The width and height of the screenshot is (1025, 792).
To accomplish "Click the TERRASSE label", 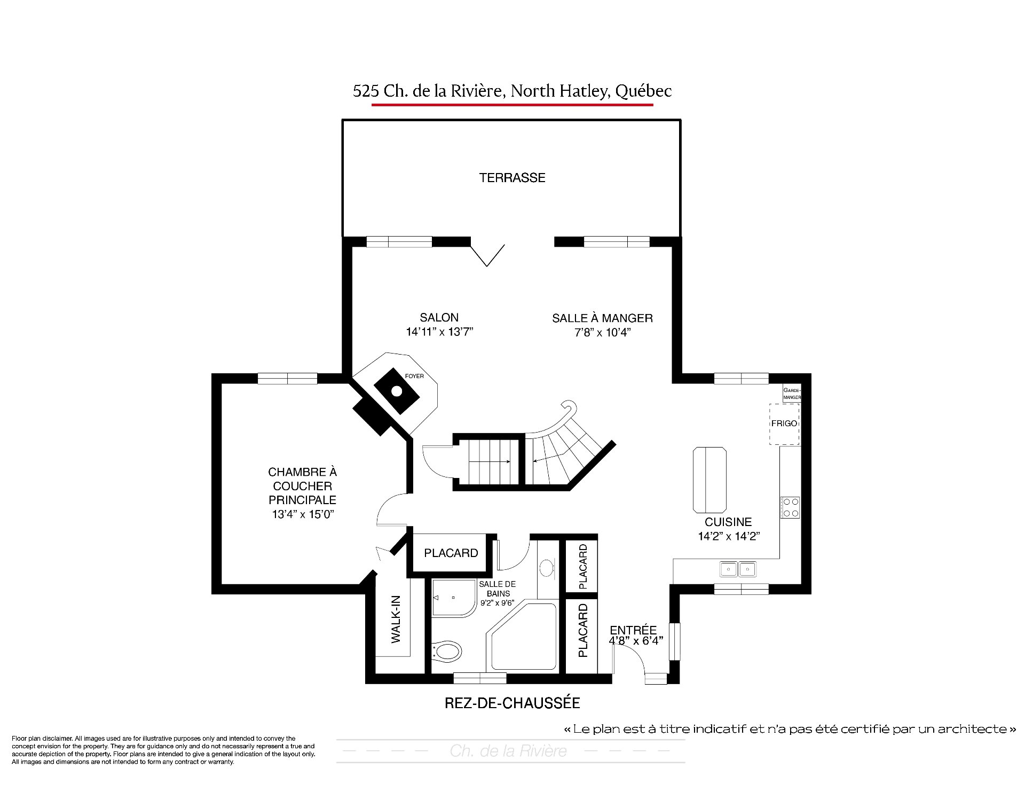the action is click(512, 178).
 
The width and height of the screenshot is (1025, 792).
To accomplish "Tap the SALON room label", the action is click(439, 317).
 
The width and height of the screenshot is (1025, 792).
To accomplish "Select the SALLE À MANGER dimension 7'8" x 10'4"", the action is click(602, 332).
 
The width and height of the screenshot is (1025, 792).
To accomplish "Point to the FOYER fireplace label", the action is click(414, 376).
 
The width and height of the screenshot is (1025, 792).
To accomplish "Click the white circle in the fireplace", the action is click(397, 391).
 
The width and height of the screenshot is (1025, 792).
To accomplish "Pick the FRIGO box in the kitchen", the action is click(784, 424).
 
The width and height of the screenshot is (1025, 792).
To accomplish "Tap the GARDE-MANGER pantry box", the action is click(792, 394).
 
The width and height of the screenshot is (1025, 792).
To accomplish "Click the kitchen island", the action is click(709, 480).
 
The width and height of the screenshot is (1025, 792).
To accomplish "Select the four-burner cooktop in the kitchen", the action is click(790, 507).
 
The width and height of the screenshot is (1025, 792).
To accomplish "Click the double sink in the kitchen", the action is click(738, 569).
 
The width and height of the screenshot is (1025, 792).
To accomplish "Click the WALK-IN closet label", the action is click(396, 619).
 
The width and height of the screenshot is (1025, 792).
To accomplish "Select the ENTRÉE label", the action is click(633, 630).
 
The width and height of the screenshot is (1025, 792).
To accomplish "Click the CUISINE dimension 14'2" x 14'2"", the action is click(729, 536).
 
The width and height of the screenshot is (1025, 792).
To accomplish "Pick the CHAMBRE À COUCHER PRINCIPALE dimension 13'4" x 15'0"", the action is click(303, 514).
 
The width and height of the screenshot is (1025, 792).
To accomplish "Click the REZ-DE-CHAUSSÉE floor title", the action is click(512, 703).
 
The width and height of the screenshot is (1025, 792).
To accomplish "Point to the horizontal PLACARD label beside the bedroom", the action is click(451, 553).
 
